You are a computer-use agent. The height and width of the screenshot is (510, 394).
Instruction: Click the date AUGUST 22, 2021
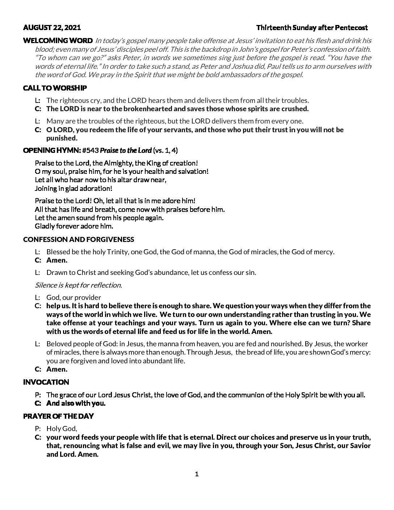[52, 28]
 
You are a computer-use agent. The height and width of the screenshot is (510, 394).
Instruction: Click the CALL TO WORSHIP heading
[55, 88]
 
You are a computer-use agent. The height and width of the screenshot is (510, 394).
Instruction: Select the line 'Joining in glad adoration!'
[74, 188]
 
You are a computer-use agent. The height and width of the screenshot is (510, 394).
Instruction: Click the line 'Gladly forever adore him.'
[74, 226]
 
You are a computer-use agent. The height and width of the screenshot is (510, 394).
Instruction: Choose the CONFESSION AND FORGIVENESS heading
[79, 239]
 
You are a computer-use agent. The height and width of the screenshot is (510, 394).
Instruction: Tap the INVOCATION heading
[46, 382]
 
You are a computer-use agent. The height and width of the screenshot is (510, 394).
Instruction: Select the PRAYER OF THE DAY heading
[58, 416]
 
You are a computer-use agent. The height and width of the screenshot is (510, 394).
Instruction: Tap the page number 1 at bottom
[197, 474]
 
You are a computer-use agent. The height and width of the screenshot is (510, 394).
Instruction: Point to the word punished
[62, 138]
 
